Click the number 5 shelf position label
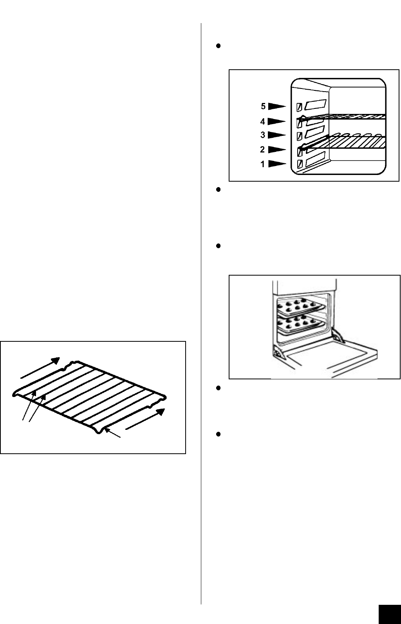click(x=264, y=106)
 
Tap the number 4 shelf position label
click(x=263, y=122)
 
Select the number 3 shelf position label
click(x=263, y=135)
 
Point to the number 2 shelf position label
click(x=263, y=150)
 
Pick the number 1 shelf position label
click(x=263, y=164)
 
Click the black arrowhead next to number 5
click(x=277, y=106)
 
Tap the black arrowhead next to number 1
click(x=277, y=164)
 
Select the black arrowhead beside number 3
click(x=277, y=135)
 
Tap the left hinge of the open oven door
click(x=278, y=353)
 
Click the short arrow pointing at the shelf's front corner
click(x=114, y=434)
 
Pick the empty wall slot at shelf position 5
click(x=316, y=105)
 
